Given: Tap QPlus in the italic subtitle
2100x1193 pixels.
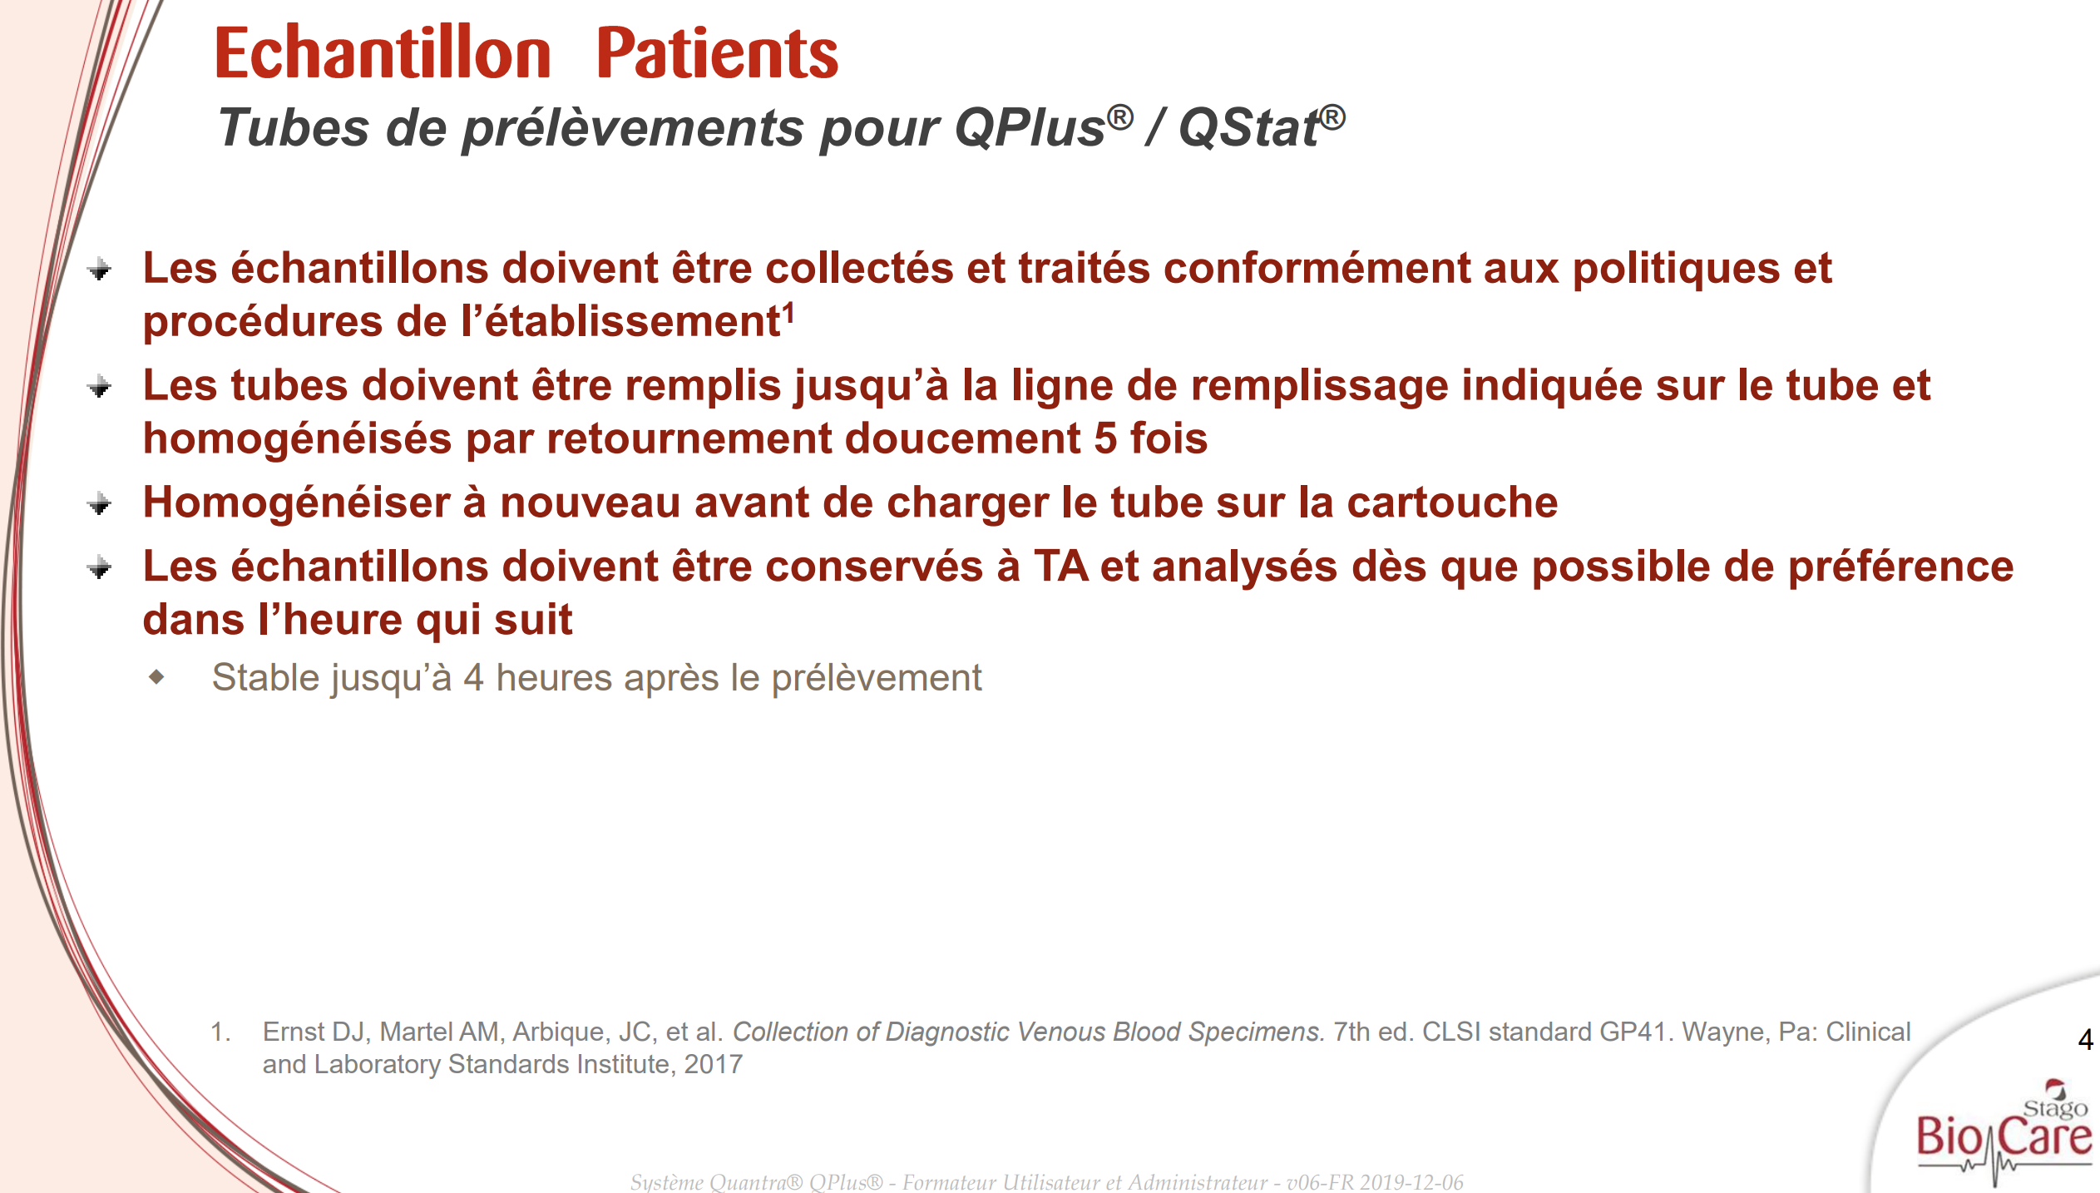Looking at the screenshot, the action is pos(1030,128).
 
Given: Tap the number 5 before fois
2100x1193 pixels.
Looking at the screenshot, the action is pos(1105,438).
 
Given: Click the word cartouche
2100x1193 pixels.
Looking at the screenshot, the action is pos(1452,502).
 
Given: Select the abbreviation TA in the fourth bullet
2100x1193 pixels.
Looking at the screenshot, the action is pos(1060,567).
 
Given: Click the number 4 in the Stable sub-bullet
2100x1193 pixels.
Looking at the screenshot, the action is pos(473,678).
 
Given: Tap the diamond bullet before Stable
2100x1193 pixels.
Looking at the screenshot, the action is pos(156,677).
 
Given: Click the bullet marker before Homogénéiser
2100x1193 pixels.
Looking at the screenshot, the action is pos(100,504).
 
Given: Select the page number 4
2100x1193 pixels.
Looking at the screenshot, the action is pos(2085,1039).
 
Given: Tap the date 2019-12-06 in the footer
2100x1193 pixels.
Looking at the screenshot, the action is pos(1411,1182).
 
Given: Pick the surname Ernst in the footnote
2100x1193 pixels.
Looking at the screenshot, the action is pos(294,1032).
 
